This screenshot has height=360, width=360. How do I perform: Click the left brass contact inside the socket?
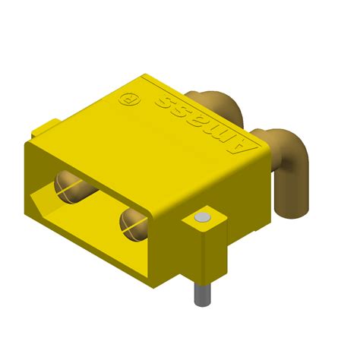[x=69, y=185]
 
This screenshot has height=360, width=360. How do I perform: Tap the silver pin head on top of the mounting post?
[x=201, y=219]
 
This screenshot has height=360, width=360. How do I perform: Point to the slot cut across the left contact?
[x=71, y=185]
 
